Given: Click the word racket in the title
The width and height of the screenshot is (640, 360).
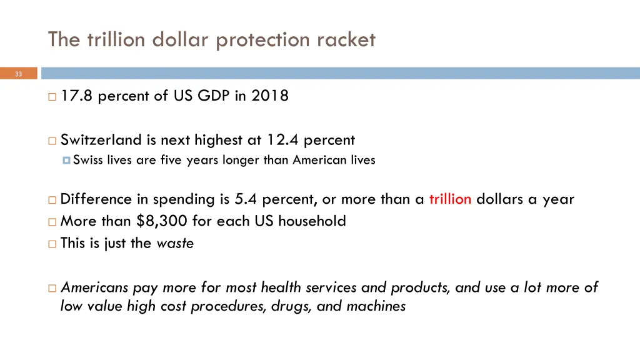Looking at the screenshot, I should click(x=347, y=40).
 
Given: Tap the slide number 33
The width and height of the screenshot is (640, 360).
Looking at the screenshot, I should click(x=18, y=74).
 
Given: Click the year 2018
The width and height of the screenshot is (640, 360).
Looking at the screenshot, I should click(x=270, y=96).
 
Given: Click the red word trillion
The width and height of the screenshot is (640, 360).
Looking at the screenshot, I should click(x=450, y=199).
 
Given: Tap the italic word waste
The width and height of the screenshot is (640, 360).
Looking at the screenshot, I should click(x=175, y=243).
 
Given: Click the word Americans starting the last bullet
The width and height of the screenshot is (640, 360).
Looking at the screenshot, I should click(x=94, y=287).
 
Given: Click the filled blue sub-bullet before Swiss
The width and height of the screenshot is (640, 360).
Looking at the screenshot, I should click(x=66, y=161).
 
